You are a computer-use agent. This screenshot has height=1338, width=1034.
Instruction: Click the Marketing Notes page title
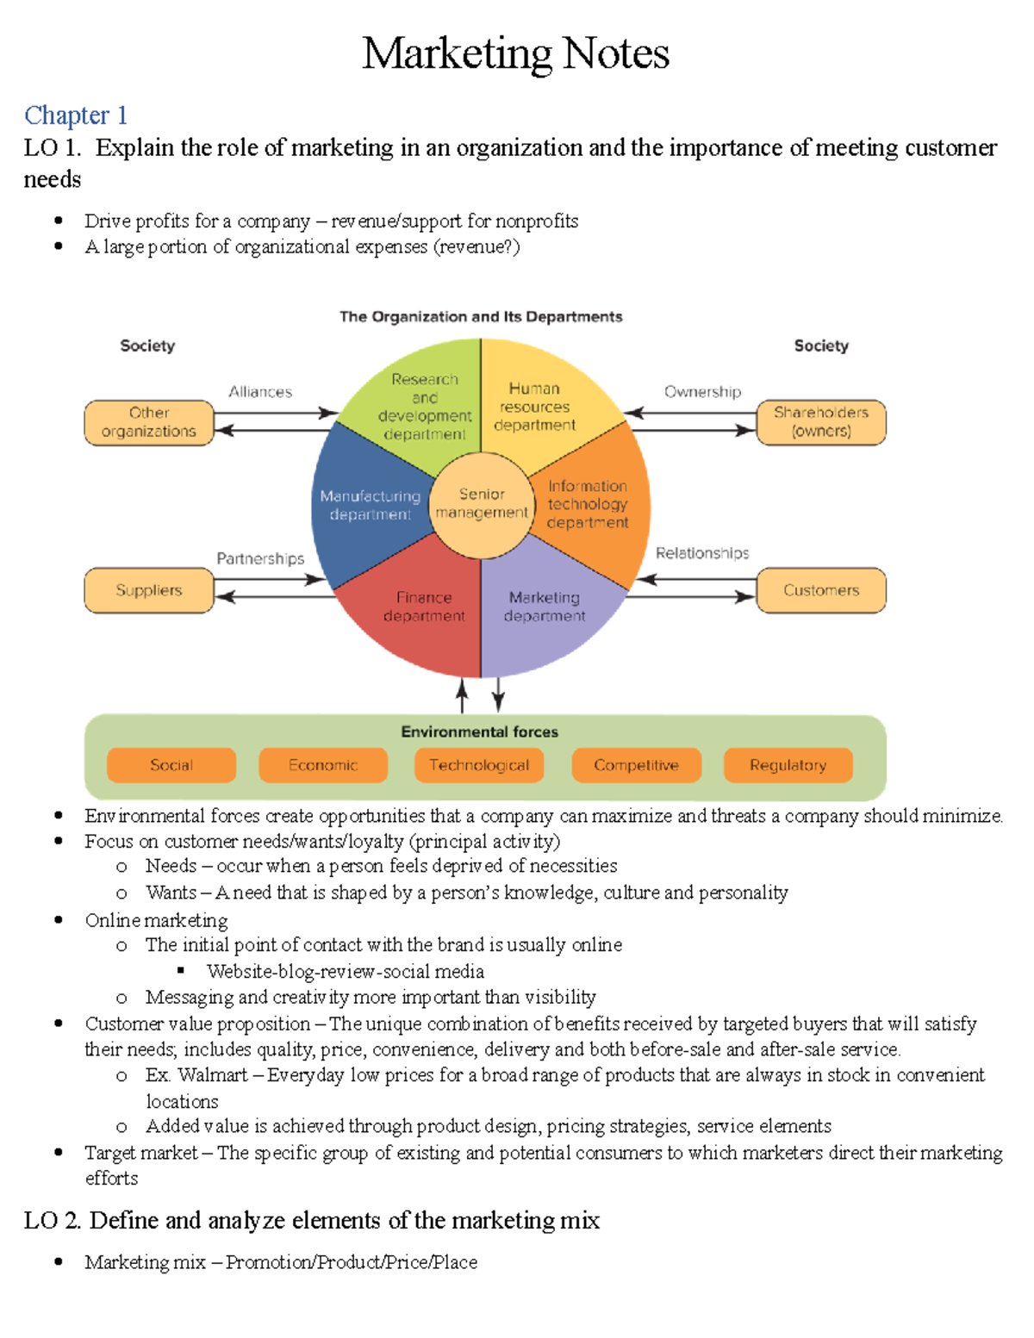click(x=515, y=53)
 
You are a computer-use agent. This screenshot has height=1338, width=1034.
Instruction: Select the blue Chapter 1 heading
click(x=76, y=115)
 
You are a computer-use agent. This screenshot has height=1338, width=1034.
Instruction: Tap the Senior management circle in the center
click(x=481, y=504)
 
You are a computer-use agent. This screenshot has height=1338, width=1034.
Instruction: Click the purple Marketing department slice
click(x=545, y=612)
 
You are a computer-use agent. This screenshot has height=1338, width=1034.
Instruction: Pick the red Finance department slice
click(x=422, y=613)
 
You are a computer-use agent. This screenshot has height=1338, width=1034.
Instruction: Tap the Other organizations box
click(x=149, y=422)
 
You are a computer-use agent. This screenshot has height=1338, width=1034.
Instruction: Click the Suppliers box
click(x=149, y=590)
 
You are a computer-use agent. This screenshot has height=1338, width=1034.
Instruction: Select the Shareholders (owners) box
click(x=820, y=422)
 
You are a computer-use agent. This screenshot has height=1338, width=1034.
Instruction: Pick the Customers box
click(x=820, y=590)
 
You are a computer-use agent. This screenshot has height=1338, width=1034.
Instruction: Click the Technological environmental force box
click(x=479, y=765)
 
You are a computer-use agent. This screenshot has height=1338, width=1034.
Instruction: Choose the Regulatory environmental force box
click(x=788, y=765)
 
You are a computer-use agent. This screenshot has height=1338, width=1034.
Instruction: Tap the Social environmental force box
click(x=171, y=765)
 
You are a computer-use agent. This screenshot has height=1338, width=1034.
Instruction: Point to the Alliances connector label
click(x=260, y=392)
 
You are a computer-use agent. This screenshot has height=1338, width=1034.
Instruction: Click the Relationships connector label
click(x=702, y=553)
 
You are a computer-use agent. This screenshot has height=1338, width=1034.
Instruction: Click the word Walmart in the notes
click(x=212, y=1075)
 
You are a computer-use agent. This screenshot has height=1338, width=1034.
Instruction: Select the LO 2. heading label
click(x=53, y=1221)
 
